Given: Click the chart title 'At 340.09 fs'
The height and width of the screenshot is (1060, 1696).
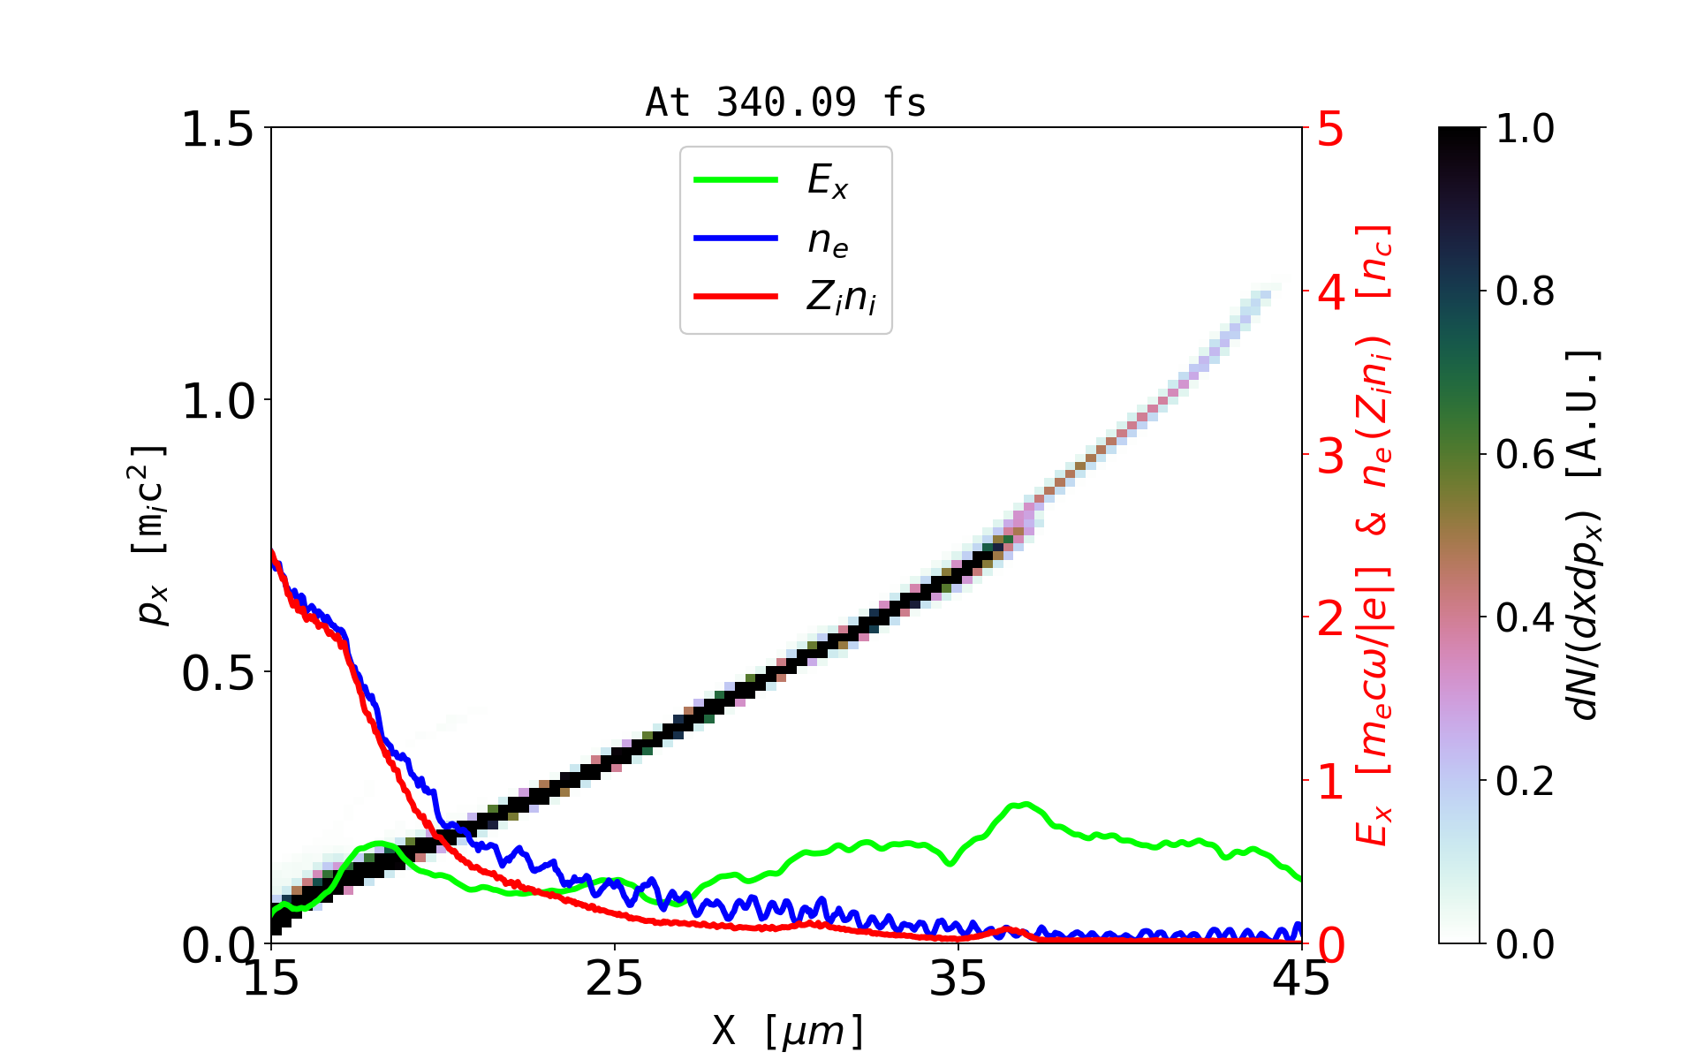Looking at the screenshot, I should point(785,102).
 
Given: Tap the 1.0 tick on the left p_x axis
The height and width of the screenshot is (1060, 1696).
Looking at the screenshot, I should point(217,401).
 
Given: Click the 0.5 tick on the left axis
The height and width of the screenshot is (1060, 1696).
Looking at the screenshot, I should point(217,673).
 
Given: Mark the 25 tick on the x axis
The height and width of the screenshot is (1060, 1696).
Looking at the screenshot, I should point(615,979).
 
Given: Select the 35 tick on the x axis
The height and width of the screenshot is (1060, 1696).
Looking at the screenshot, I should point(958,979).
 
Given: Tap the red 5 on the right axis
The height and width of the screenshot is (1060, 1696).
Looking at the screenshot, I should point(1330,130).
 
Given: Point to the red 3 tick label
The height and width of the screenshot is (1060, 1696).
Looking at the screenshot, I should point(1330,456).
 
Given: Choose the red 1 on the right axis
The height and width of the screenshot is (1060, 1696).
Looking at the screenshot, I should point(1330,782).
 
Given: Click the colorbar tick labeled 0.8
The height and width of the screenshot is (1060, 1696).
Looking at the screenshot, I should point(1525,291).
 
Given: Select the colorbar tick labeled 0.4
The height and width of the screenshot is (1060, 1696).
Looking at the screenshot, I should point(1525,617).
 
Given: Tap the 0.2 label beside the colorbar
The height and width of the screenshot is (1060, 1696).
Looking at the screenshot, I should point(1525,781).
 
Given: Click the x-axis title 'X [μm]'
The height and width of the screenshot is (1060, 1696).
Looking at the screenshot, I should point(788,1030).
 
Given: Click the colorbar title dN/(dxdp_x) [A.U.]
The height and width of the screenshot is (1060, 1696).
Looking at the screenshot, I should point(1585,535).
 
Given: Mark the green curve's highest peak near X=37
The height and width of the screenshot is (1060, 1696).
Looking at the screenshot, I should point(1023,804).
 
